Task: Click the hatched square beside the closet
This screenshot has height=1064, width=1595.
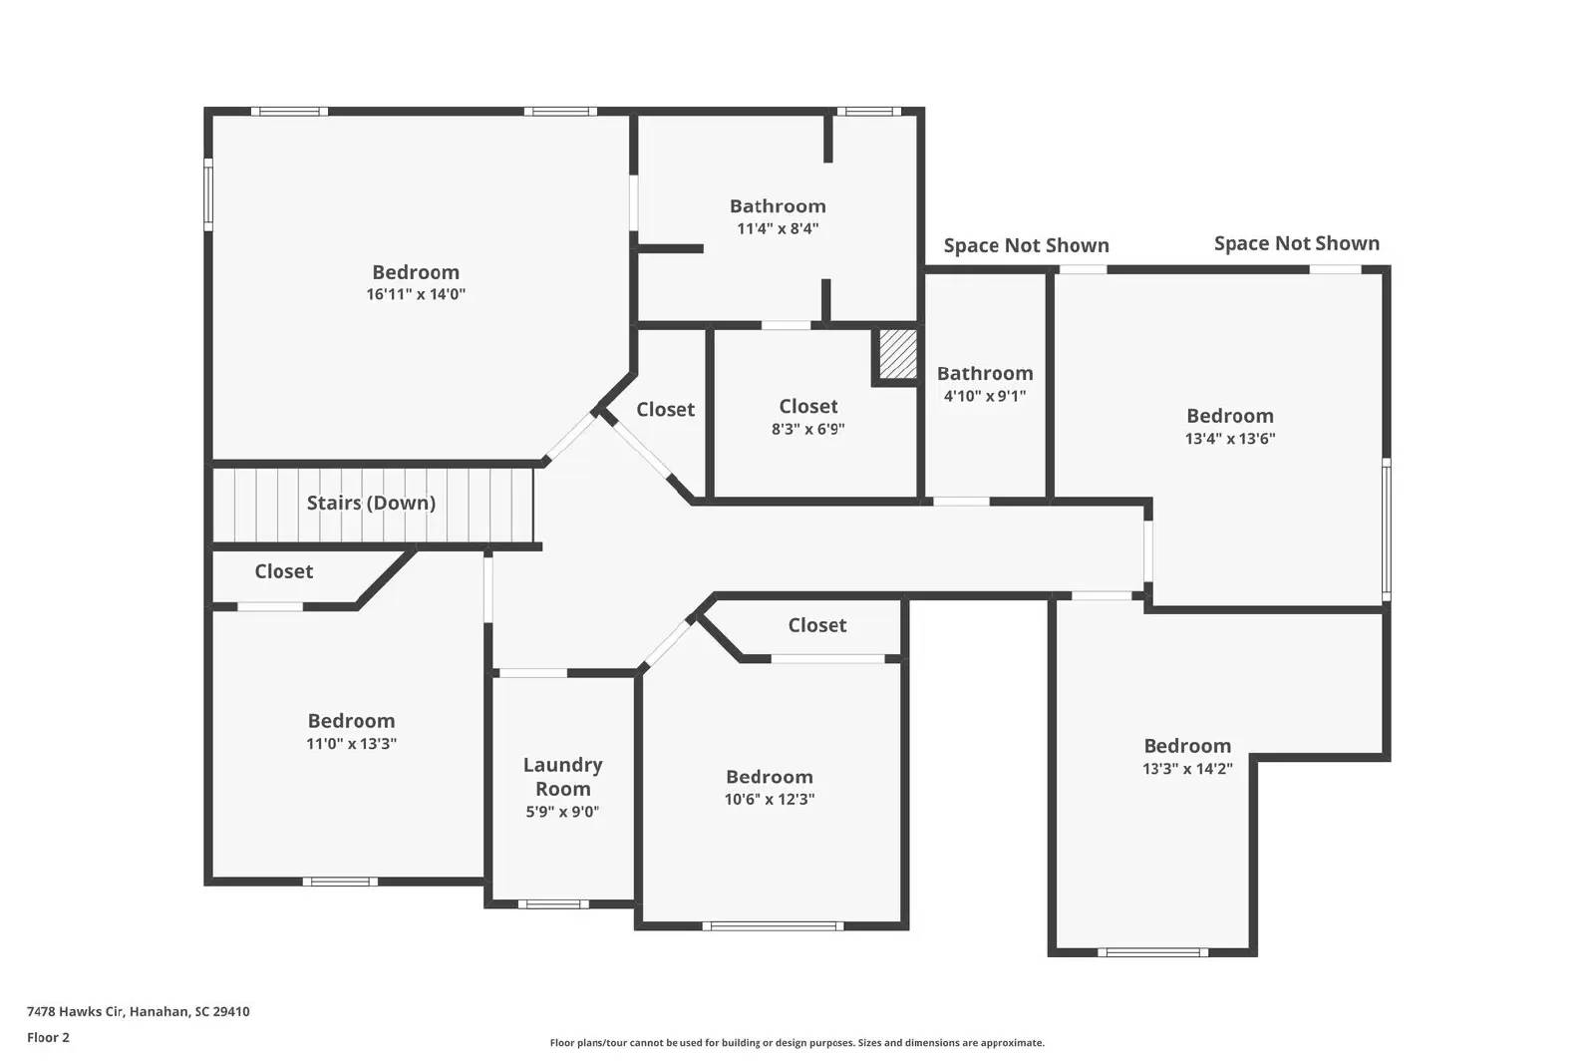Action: tap(897, 354)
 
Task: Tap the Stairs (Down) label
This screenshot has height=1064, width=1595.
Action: tap(371, 503)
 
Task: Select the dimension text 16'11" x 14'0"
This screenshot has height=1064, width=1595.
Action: tap(416, 294)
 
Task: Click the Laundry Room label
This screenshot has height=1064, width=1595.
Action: tap(562, 777)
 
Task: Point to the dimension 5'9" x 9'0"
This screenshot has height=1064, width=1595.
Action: tap(562, 812)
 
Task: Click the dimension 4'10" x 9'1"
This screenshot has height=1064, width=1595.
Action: tap(984, 396)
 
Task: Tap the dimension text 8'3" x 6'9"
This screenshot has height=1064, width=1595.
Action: tap(807, 429)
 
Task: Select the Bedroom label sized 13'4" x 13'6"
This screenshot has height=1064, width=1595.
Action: tap(1229, 416)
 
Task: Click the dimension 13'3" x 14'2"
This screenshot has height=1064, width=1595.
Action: tap(1187, 769)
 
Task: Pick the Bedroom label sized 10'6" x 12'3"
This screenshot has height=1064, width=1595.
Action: tap(769, 777)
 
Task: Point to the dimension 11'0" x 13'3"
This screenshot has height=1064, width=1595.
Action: tap(351, 743)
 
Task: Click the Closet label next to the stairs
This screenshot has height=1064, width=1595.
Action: tap(283, 571)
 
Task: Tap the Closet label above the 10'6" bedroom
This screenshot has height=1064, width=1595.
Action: tap(816, 625)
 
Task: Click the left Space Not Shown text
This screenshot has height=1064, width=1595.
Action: tap(1026, 245)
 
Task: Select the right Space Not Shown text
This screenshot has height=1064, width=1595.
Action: tap(1296, 243)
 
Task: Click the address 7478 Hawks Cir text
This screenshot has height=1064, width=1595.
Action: tap(138, 1011)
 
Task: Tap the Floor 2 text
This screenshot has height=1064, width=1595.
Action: tap(48, 1037)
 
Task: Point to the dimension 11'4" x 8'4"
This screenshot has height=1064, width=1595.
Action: tap(778, 228)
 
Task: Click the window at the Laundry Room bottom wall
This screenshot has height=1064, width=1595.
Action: tap(553, 904)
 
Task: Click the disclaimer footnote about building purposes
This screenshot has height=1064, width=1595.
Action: tap(797, 1043)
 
